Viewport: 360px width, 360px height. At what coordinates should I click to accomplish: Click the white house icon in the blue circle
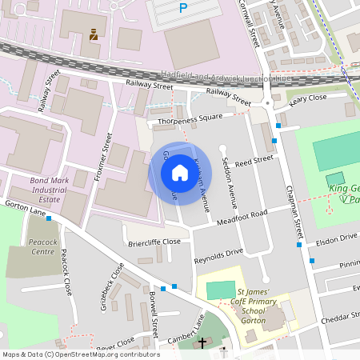[179, 173]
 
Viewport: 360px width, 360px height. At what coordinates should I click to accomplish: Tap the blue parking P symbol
[183, 8]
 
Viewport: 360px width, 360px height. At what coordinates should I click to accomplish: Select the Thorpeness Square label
[190, 120]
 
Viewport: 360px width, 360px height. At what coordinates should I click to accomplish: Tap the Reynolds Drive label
[218, 256]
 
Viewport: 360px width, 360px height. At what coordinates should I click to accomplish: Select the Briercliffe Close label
[155, 241]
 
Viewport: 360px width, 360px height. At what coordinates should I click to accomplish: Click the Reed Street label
[254, 162]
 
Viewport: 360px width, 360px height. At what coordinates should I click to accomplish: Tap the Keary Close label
[308, 98]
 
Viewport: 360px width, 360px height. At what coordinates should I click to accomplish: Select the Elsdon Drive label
[336, 238]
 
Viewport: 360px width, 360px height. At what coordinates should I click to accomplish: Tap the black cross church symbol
[202, 342]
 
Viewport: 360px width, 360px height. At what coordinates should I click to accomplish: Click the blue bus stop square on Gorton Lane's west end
[49, 218]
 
